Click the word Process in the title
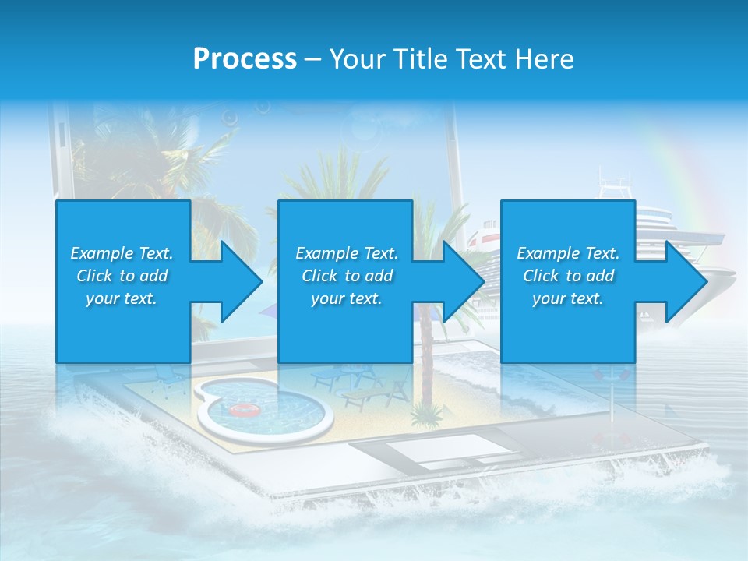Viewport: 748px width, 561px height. [x=245, y=59]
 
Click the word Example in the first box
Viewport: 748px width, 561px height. [x=102, y=253]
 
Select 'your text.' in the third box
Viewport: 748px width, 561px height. [x=567, y=298]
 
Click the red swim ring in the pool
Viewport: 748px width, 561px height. [x=244, y=409]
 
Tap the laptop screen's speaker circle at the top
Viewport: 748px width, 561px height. [x=231, y=118]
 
